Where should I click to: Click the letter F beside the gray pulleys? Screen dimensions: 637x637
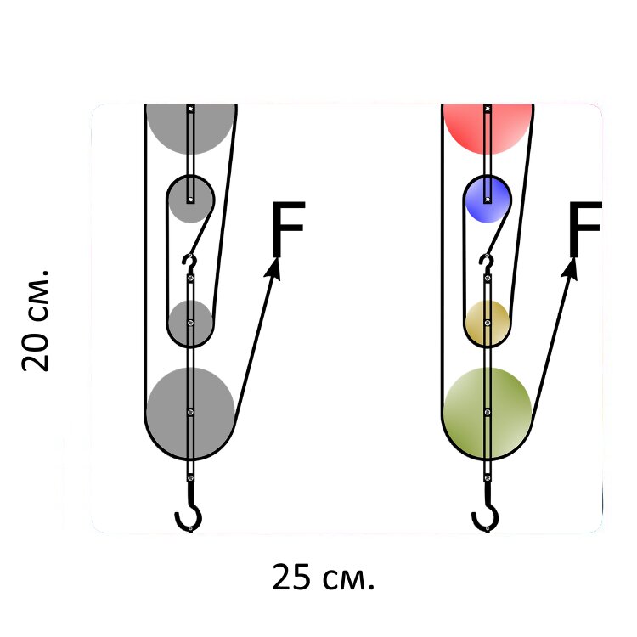[x=288, y=228]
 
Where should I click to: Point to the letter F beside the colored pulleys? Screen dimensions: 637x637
[x=585, y=228]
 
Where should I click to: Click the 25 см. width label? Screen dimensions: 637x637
[x=323, y=577]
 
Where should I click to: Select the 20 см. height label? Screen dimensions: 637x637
[x=36, y=320]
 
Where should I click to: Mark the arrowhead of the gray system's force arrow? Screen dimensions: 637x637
[x=273, y=268]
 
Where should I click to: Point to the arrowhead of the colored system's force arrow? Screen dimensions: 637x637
[x=571, y=268]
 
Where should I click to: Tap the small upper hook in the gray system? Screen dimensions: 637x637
[x=190, y=262]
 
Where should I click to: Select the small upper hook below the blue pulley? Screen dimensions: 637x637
[x=487, y=262]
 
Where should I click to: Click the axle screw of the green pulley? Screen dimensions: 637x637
[x=488, y=412]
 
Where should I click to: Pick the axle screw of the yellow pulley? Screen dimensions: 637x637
[x=488, y=323]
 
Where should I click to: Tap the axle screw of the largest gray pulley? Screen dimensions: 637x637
[x=190, y=412]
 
